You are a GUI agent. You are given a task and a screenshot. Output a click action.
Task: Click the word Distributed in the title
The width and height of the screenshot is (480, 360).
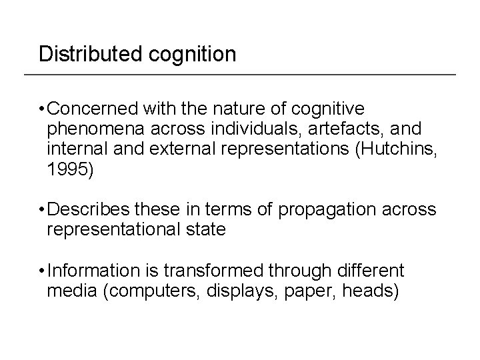[x=83, y=53]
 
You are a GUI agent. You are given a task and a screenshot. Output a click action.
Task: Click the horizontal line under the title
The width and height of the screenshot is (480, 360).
[x=240, y=73]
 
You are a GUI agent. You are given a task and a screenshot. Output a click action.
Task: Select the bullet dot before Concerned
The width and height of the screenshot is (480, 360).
[x=42, y=109]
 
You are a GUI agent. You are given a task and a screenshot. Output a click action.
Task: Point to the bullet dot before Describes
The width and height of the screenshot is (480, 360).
[x=42, y=211]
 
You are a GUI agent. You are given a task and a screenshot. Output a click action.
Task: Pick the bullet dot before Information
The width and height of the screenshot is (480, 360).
[x=42, y=271]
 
